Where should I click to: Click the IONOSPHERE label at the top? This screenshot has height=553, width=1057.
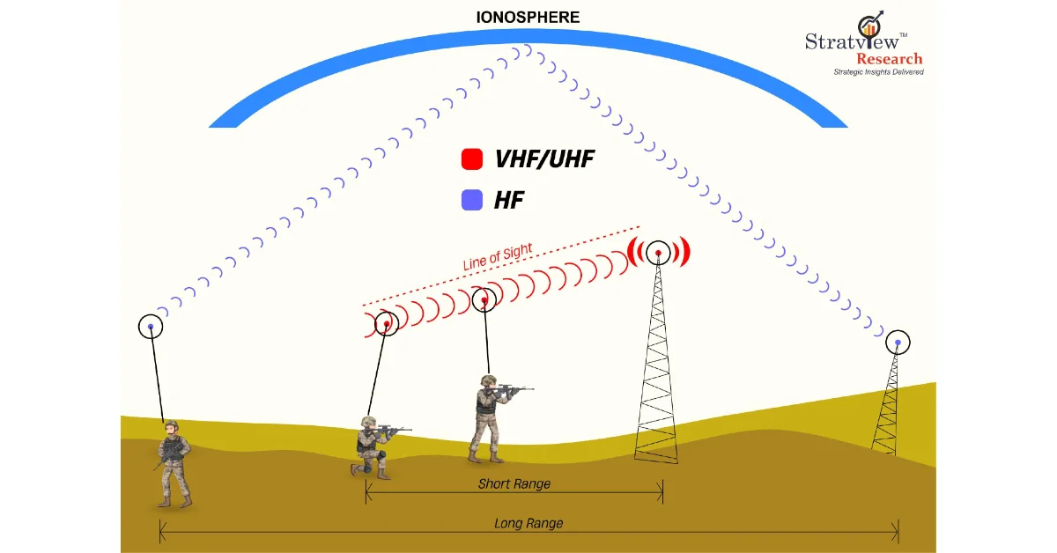528,18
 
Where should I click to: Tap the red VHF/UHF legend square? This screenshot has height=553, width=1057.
472,159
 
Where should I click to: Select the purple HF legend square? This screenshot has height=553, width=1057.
472,200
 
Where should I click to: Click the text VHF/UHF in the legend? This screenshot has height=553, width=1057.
544,159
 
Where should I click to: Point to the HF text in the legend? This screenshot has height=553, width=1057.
509,200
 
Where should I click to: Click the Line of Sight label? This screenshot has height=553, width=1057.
498,256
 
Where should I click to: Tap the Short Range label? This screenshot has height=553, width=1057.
514,483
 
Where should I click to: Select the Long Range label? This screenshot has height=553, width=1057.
528,523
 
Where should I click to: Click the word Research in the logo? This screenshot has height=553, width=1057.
889,59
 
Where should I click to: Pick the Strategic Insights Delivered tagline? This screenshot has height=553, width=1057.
879,72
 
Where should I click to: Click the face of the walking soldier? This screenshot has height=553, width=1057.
170,430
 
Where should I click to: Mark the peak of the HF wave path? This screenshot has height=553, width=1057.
528,49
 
